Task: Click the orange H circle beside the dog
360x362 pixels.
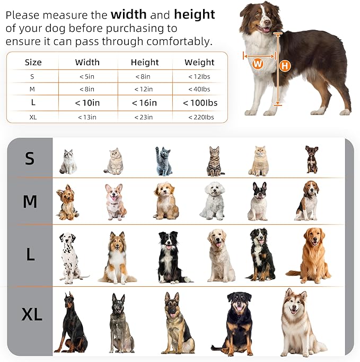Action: (x=285, y=66)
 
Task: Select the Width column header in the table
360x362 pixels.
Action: (x=87, y=63)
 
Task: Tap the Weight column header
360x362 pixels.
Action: (x=199, y=63)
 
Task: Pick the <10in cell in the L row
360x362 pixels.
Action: (x=87, y=103)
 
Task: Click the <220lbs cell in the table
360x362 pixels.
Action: (x=199, y=117)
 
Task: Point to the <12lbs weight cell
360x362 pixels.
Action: (x=199, y=76)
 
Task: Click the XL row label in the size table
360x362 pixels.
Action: (x=33, y=117)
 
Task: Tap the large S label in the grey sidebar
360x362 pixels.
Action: (x=30, y=158)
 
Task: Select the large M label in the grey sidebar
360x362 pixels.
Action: (x=30, y=201)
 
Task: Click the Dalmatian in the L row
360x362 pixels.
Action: (x=70, y=258)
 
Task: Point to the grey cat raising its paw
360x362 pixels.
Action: (x=164, y=161)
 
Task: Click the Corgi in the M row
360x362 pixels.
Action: (x=116, y=201)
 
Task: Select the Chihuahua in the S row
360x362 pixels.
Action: (x=311, y=160)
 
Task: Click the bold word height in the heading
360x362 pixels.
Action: (x=195, y=15)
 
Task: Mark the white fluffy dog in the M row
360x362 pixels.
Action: (x=213, y=201)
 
